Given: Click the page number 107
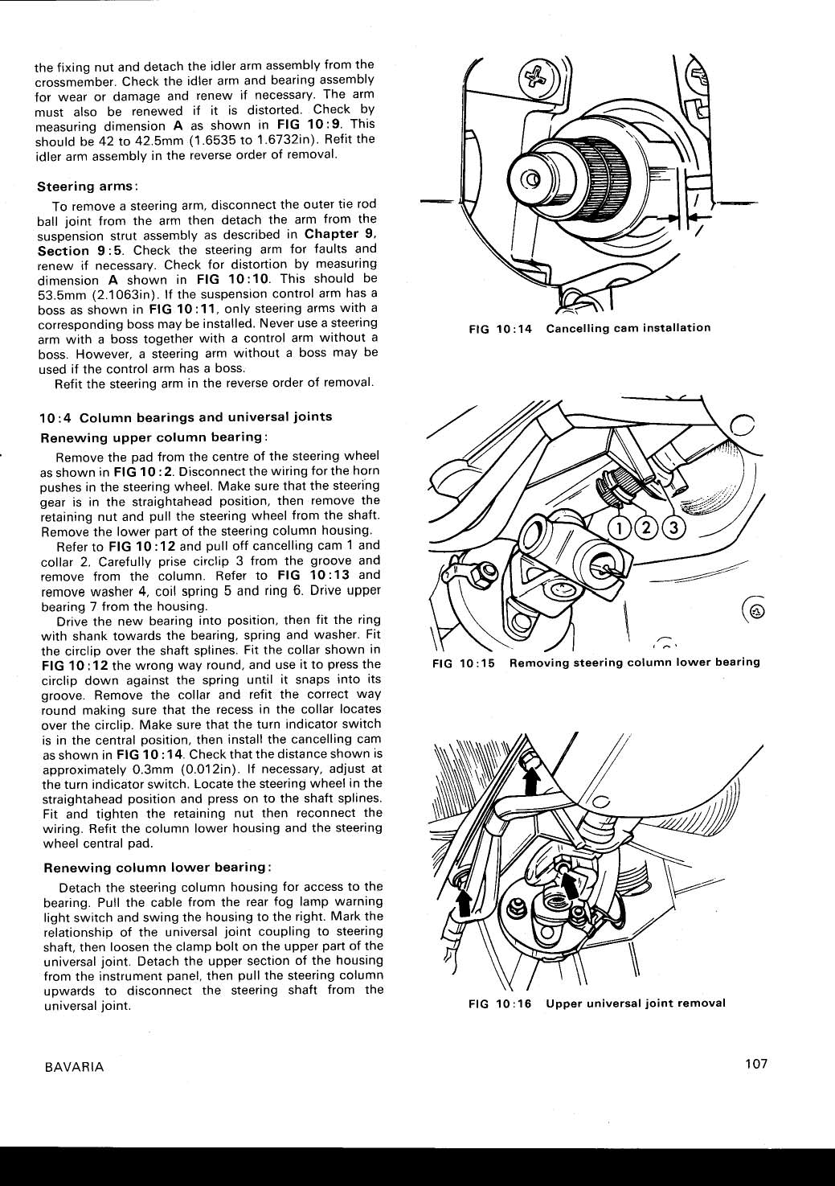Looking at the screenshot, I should tap(755, 1064).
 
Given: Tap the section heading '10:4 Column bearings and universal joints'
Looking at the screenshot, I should tap(186, 417).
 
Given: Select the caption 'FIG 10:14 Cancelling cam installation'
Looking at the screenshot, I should tap(591, 328).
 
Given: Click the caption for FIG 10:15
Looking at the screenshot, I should tap(596, 663).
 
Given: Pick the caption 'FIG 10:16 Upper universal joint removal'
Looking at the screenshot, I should tap(596, 1003).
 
